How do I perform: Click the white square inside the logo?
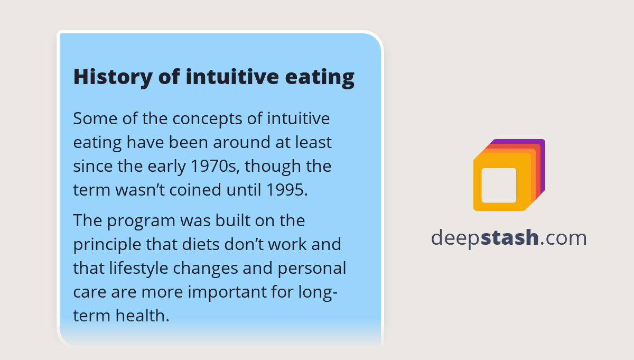point(499,185)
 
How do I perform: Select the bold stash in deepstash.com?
point(509,238)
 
